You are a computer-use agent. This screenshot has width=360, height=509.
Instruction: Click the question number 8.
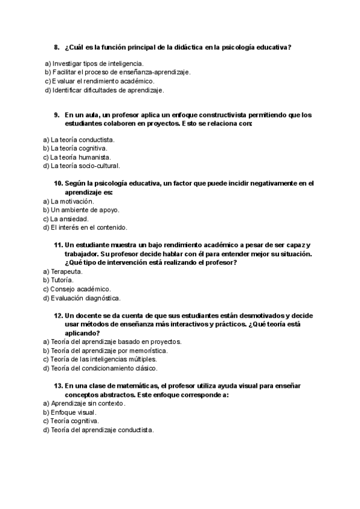[x=56, y=47]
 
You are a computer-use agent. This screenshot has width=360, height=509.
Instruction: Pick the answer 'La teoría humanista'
[x=80, y=157]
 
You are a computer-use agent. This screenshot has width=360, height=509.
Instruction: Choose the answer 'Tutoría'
[x=62, y=280]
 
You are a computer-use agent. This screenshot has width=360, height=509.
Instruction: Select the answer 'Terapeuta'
[x=65, y=271]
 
